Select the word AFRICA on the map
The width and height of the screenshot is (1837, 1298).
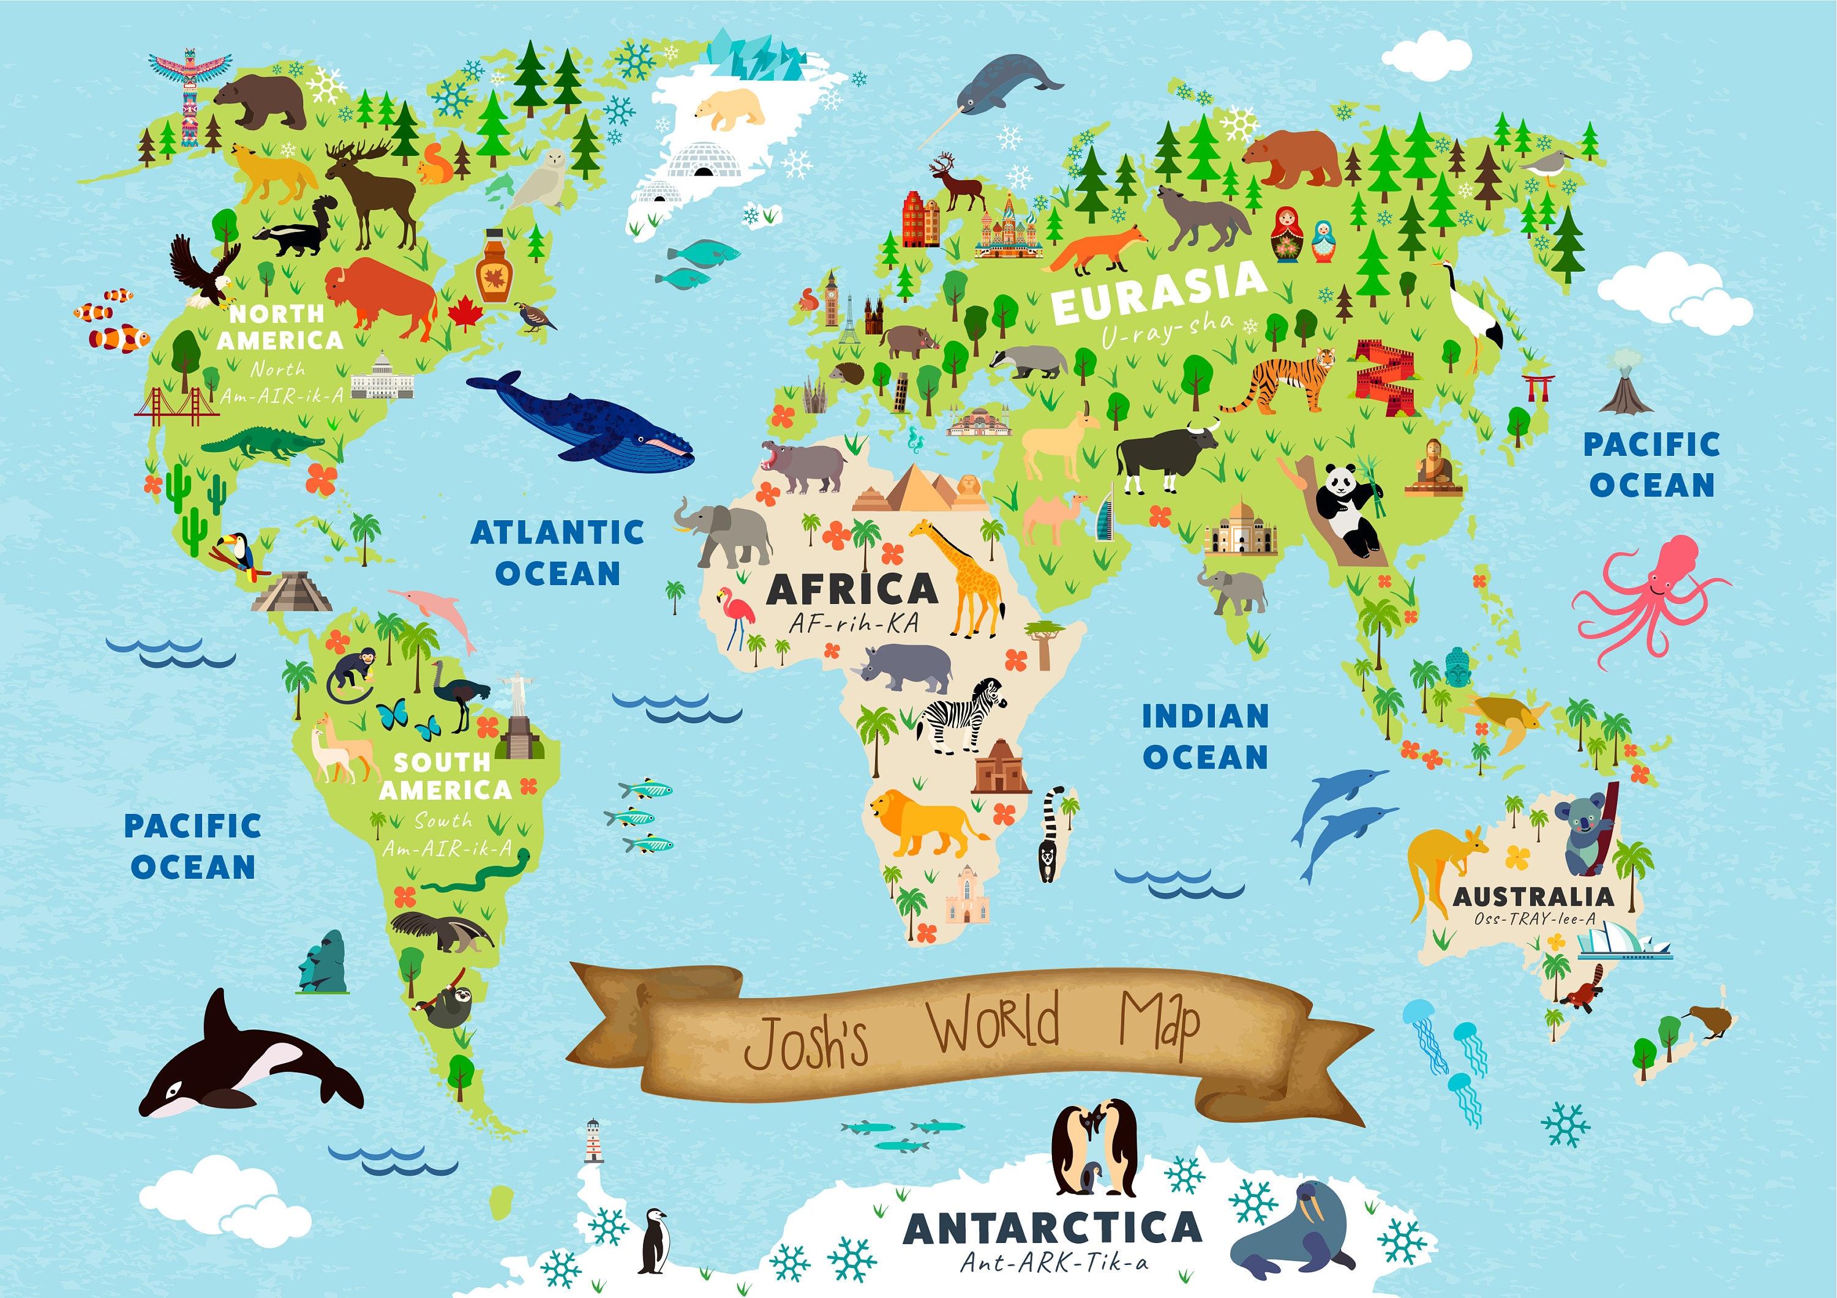tap(852, 590)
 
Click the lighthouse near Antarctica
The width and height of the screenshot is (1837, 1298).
tap(593, 1141)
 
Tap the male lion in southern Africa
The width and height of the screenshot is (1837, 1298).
tap(920, 824)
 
